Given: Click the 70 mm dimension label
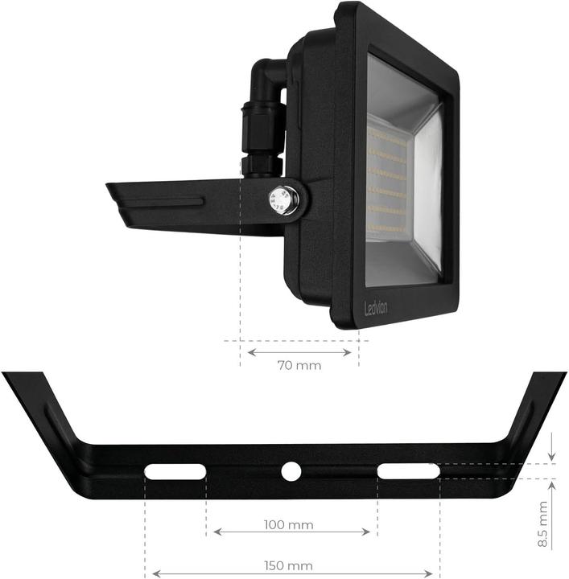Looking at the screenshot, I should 299,366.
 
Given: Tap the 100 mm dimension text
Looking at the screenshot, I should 288,525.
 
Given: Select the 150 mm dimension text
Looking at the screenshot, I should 288,566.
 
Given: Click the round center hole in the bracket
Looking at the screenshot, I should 290,471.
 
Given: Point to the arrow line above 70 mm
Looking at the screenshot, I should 299,351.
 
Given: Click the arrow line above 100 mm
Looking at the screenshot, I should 291,532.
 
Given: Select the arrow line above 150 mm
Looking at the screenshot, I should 291,573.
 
